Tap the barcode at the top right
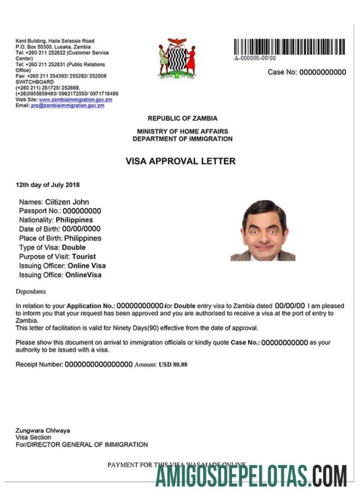click(x=289, y=47)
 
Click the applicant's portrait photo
click(x=263, y=231)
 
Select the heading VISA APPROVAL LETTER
click(x=180, y=161)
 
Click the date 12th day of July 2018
click(x=48, y=185)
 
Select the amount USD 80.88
click(x=173, y=365)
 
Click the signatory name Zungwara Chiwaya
click(x=43, y=431)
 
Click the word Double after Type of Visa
click(x=73, y=248)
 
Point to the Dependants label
click(x=31, y=292)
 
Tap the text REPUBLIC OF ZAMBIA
click(x=182, y=119)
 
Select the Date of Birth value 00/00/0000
click(x=81, y=229)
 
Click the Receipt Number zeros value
click(x=98, y=365)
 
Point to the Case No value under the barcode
click(x=322, y=72)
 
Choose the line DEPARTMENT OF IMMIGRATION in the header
click(x=182, y=139)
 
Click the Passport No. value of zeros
click(x=78, y=211)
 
